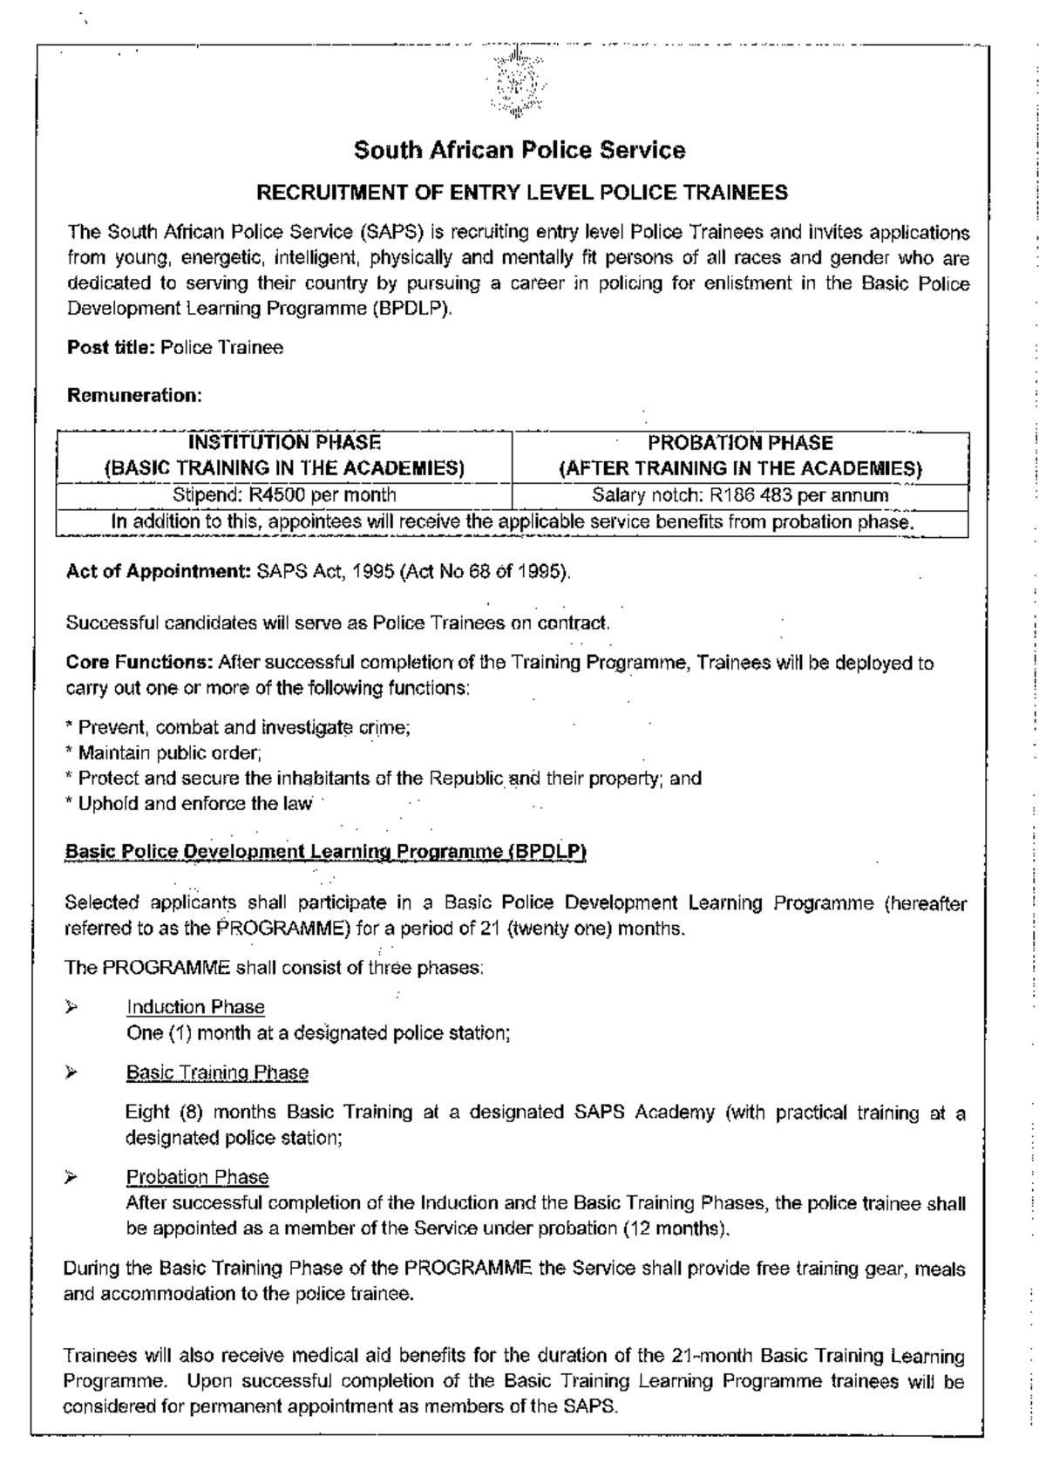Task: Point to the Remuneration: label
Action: [x=134, y=396]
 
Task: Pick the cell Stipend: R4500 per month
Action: [x=284, y=495]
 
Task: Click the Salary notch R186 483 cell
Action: [x=740, y=496]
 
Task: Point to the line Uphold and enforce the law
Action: [x=189, y=804]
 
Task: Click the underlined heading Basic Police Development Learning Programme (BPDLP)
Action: [x=325, y=852]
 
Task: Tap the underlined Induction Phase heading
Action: [x=195, y=1007]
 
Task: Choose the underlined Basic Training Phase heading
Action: [x=217, y=1072]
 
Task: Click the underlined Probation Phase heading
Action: [x=197, y=1177]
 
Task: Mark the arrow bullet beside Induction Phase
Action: [x=72, y=1007]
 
